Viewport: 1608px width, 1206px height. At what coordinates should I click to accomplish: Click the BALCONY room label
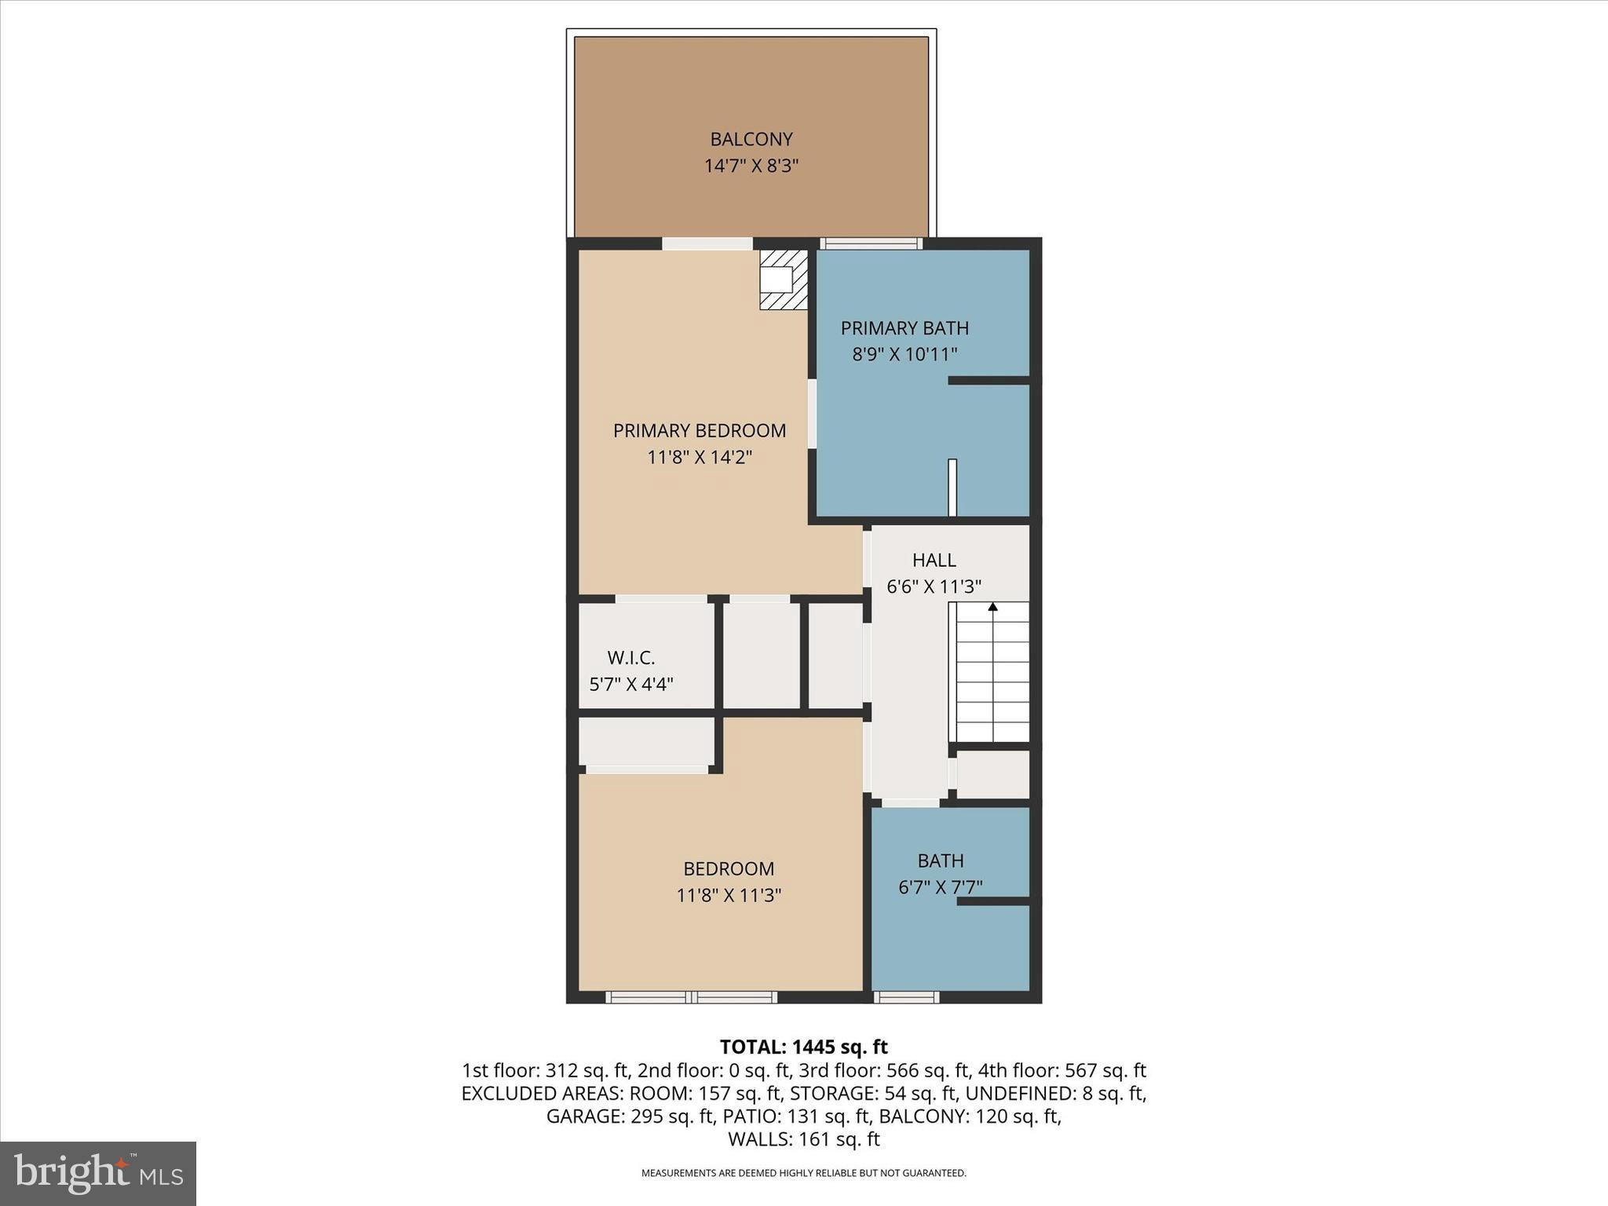tap(751, 139)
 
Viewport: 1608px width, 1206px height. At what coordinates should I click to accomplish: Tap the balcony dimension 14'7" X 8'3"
tap(751, 166)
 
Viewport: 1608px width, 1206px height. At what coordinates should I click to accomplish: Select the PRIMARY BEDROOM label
tap(699, 430)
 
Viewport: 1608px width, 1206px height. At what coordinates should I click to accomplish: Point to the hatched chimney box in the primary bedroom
tap(783, 280)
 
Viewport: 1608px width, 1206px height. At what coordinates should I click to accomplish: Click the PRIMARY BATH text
tap(904, 327)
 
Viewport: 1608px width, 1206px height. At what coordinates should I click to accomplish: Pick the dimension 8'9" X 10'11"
tap(904, 354)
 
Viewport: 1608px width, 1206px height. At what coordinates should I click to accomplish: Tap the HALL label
tap(934, 560)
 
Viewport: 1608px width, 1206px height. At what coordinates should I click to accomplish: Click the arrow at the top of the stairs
tap(992, 607)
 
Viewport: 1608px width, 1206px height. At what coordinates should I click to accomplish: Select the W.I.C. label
tap(630, 657)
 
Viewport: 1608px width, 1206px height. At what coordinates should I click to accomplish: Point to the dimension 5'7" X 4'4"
tap(630, 684)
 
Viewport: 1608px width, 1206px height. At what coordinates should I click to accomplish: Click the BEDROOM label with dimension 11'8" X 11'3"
tap(728, 868)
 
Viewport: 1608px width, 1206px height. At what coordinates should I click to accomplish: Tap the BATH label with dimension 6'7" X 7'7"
tap(940, 861)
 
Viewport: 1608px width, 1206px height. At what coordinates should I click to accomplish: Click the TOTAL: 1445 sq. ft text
tap(803, 1047)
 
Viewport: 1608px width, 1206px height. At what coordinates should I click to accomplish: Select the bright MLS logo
tap(98, 1173)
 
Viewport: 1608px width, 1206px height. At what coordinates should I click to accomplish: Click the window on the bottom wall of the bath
tap(906, 997)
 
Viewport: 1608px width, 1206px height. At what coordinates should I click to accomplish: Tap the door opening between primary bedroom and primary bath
tap(812, 414)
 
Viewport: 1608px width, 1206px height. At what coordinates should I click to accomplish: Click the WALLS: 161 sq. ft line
tap(803, 1139)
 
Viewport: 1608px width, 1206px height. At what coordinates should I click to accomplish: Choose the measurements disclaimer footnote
tap(803, 1173)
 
